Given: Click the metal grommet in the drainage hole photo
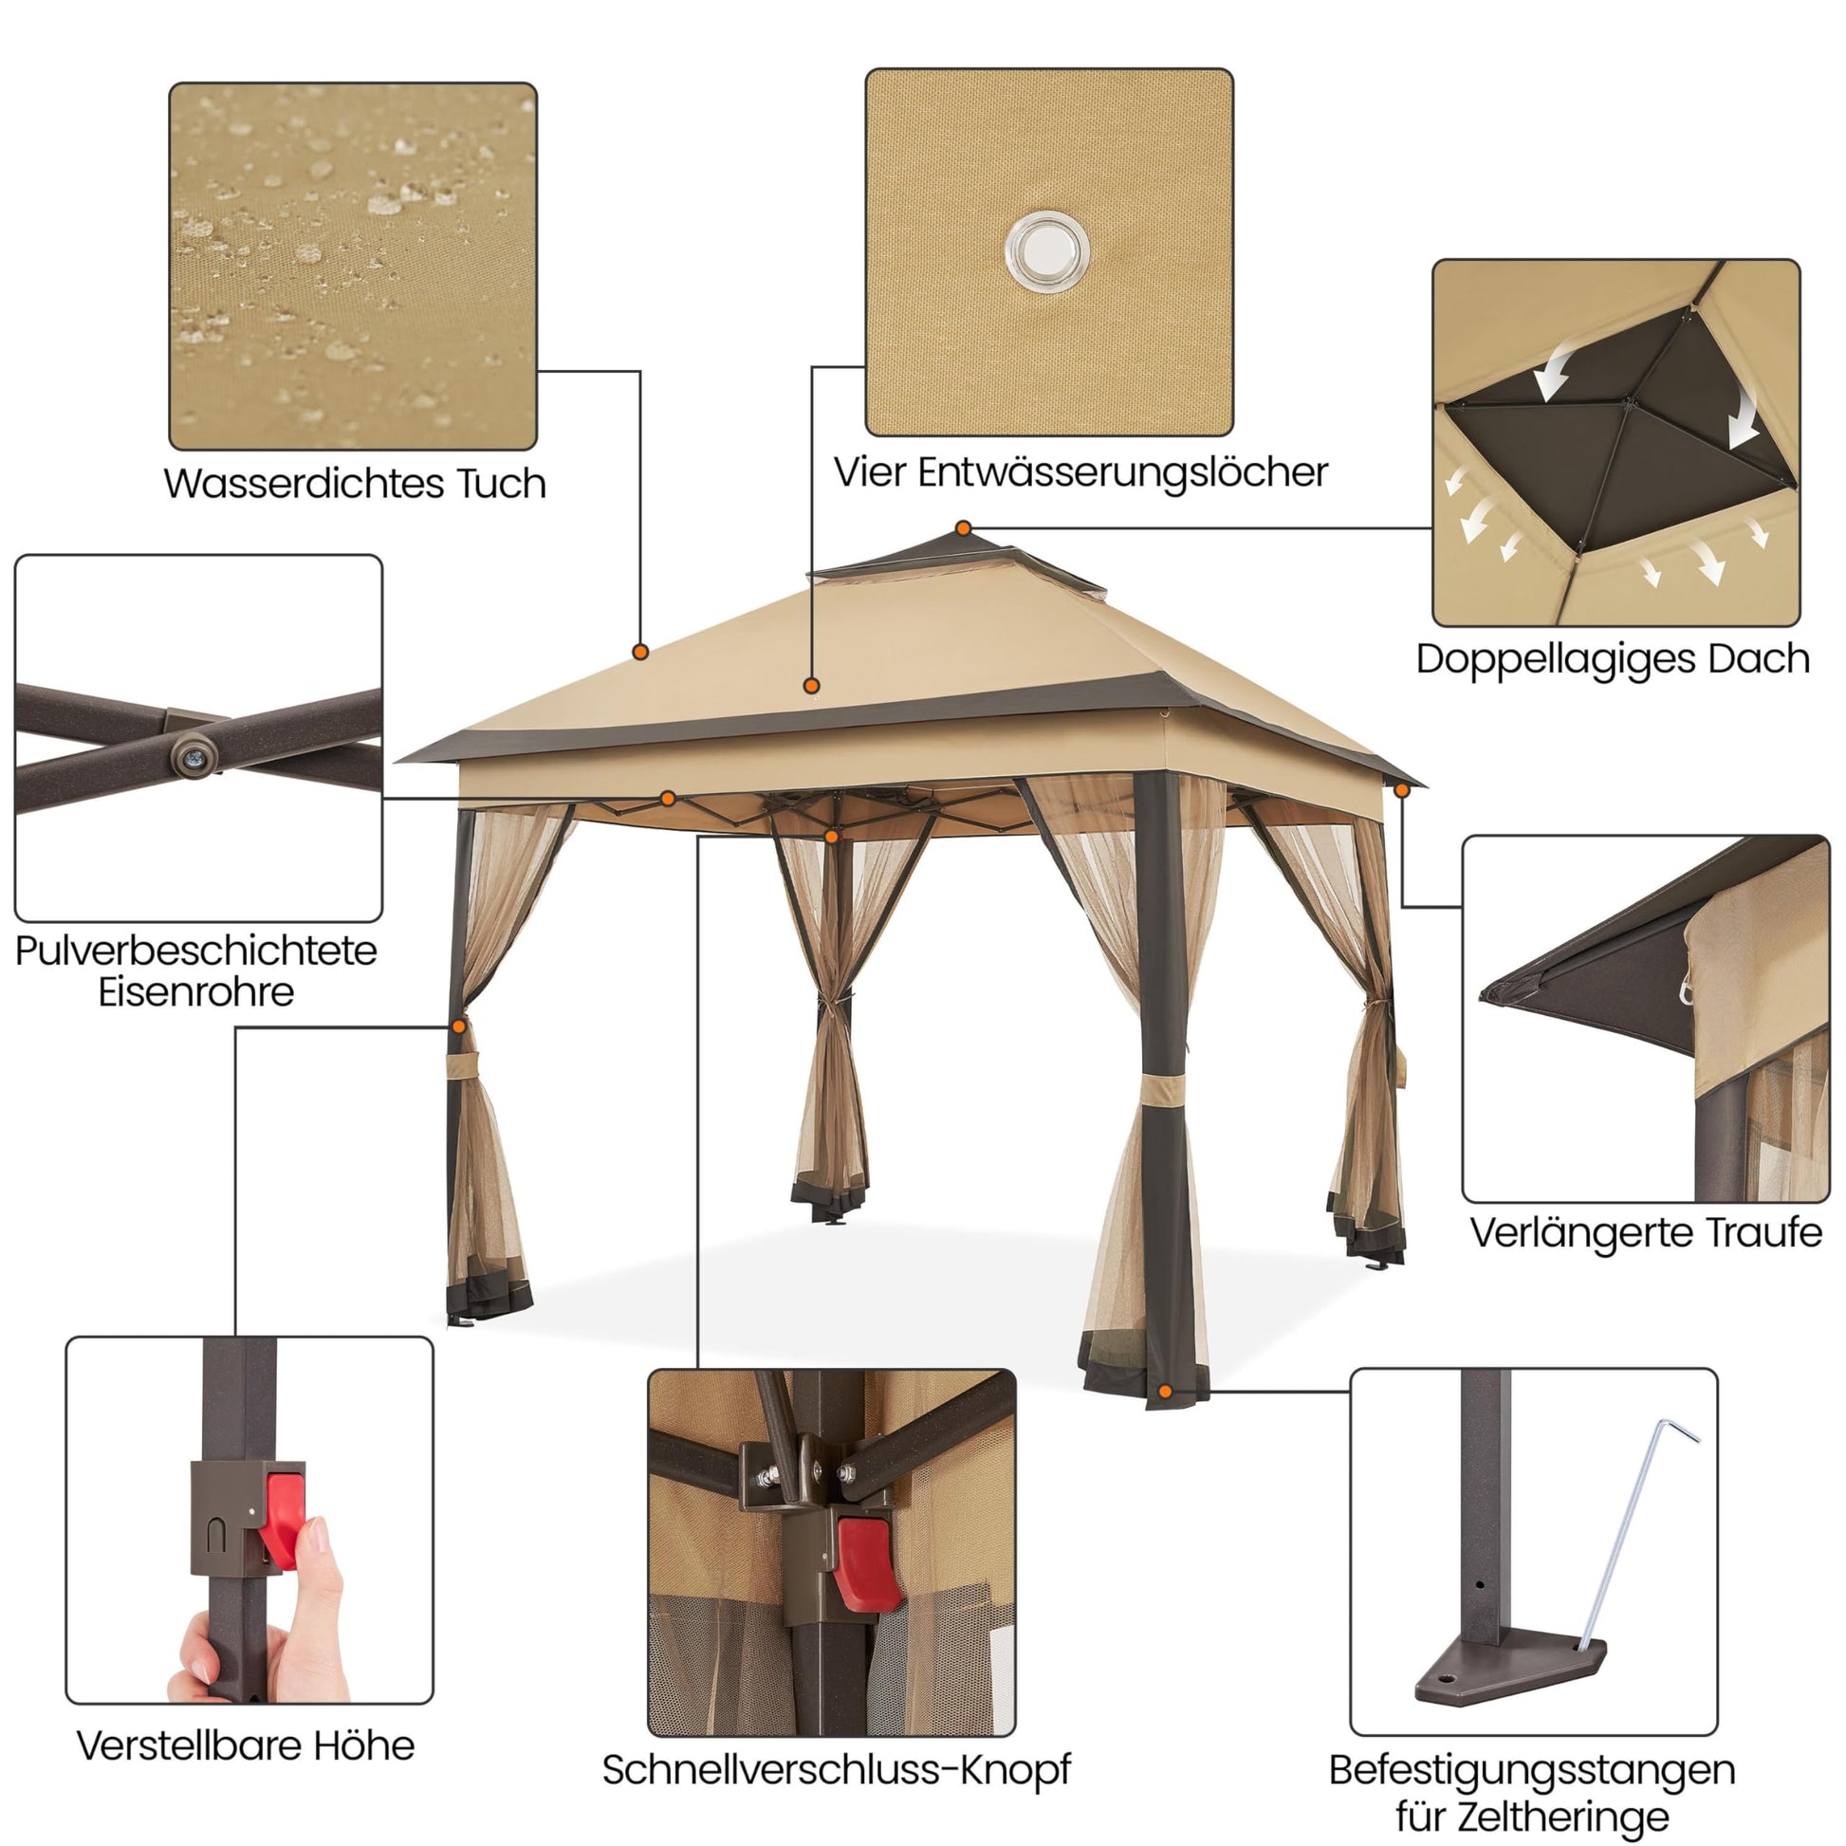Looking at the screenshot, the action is click(x=1047, y=251).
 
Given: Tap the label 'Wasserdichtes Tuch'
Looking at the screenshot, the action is click(x=355, y=484).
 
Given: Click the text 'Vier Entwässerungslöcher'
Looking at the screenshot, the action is click(x=1080, y=472).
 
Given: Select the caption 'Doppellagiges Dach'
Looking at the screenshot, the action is click(x=1613, y=659).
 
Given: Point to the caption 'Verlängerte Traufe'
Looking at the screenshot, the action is click(x=1646, y=1232).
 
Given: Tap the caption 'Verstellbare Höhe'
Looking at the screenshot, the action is click(x=246, y=1745).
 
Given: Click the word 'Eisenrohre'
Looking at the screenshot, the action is click(x=195, y=991).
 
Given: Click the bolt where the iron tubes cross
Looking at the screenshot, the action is click(x=194, y=756).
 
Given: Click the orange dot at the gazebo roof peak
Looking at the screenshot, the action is click(x=963, y=528).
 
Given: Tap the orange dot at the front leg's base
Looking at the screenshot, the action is click(x=1164, y=1392).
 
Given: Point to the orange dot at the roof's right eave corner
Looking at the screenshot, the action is click(x=1402, y=790).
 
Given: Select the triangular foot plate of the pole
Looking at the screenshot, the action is click(x=1509, y=1672).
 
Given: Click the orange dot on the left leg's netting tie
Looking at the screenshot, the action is click(x=458, y=1026).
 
